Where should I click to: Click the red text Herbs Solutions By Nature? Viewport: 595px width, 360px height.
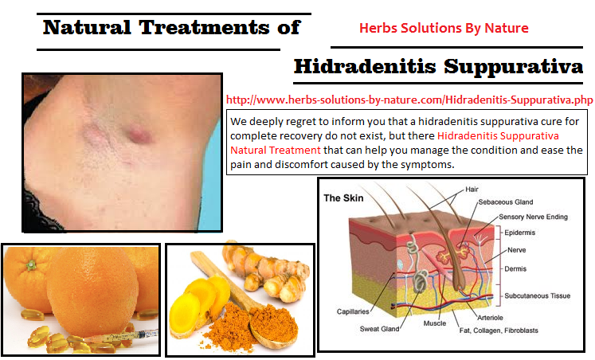[444, 28]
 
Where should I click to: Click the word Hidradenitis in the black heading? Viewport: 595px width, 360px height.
[365, 66]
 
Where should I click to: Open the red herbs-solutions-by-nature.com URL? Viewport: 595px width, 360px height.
[409, 100]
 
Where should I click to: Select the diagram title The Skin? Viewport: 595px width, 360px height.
[343, 198]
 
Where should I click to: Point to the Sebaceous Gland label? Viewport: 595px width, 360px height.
[506, 202]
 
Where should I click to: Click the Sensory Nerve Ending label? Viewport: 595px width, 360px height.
[533, 217]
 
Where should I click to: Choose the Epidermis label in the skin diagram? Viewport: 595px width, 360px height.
[519, 233]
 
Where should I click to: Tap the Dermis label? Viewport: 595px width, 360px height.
[515, 268]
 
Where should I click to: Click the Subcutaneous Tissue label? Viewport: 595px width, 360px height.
[538, 295]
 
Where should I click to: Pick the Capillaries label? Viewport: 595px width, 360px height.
[353, 311]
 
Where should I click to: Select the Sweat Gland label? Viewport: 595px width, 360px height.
[379, 329]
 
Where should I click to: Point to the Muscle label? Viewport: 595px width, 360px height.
[435, 323]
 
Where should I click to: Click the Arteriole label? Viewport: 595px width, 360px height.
[491, 318]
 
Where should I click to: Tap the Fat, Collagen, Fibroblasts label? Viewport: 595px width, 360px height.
[499, 331]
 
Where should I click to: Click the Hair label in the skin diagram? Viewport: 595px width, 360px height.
[472, 190]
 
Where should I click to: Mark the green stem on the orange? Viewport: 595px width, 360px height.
[31, 264]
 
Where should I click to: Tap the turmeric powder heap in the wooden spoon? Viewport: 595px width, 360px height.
[273, 323]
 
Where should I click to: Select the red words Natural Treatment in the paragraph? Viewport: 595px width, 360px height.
[276, 151]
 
